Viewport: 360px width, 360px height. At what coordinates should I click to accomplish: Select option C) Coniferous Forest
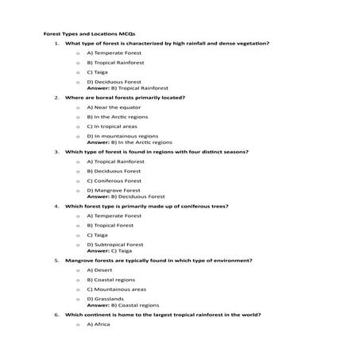coord(118,180)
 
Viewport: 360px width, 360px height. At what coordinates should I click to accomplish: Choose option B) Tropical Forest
coord(114,225)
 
